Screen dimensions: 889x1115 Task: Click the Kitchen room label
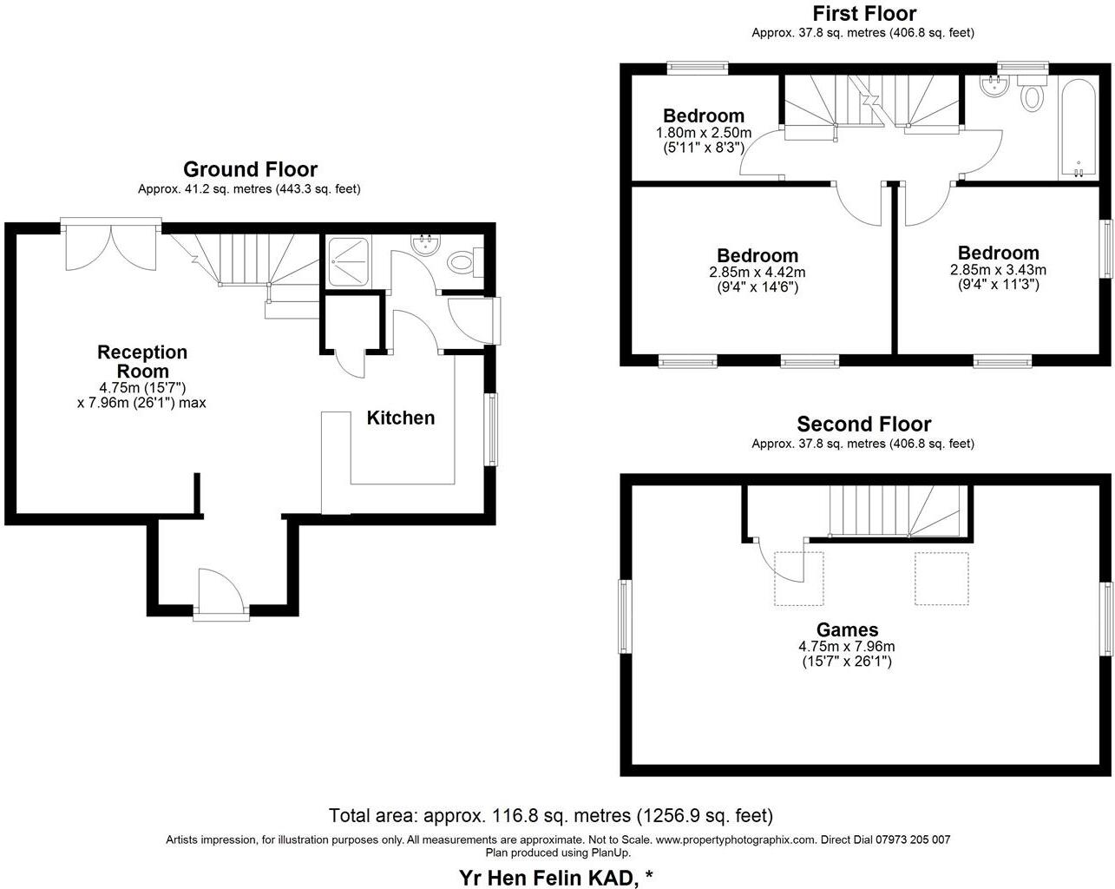400,418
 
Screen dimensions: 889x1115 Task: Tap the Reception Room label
141,361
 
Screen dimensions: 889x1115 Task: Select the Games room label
847,629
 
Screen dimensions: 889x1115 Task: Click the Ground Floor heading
249,169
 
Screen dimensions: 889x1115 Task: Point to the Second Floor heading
863,424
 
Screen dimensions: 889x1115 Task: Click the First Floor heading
863,13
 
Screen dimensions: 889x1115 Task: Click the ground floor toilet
460,261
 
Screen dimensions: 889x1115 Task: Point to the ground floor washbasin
424,245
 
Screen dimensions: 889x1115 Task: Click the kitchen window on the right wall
492,430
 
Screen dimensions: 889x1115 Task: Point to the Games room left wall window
624,616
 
